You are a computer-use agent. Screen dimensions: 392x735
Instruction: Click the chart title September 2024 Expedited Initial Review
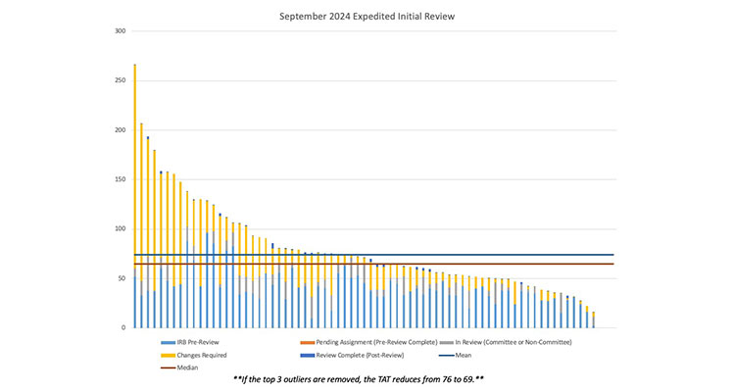[x=367, y=16]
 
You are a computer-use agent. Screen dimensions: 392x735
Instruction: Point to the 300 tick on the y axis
[x=121, y=31]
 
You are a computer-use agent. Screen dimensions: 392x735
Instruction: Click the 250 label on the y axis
[x=121, y=80]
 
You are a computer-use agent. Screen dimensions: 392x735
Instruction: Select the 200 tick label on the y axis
[x=121, y=130]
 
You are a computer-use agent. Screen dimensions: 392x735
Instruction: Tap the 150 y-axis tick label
[x=121, y=179]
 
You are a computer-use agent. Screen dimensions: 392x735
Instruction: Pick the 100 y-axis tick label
[x=121, y=229]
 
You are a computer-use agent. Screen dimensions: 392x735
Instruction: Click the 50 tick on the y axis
[x=122, y=278]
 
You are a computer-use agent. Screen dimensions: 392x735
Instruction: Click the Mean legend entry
[x=479, y=355]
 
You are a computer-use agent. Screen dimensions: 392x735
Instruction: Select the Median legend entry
[x=182, y=367]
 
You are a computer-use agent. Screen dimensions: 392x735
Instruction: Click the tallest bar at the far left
[x=134, y=196]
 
